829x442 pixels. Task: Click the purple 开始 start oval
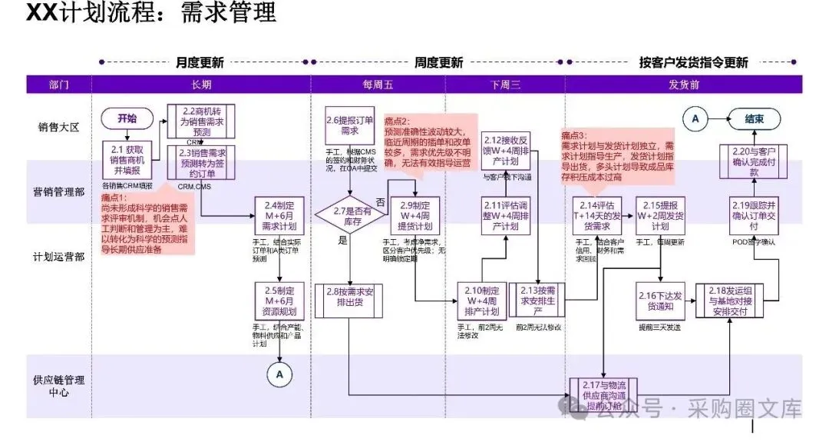[127, 118]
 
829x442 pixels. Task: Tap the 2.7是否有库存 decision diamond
[350, 214]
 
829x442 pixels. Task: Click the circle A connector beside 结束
[695, 118]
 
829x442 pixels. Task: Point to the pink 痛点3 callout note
[619, 155]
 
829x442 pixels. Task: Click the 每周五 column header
[378, 85]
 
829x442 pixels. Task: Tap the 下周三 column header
[504, 85]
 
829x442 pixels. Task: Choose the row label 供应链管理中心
[58, 387]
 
